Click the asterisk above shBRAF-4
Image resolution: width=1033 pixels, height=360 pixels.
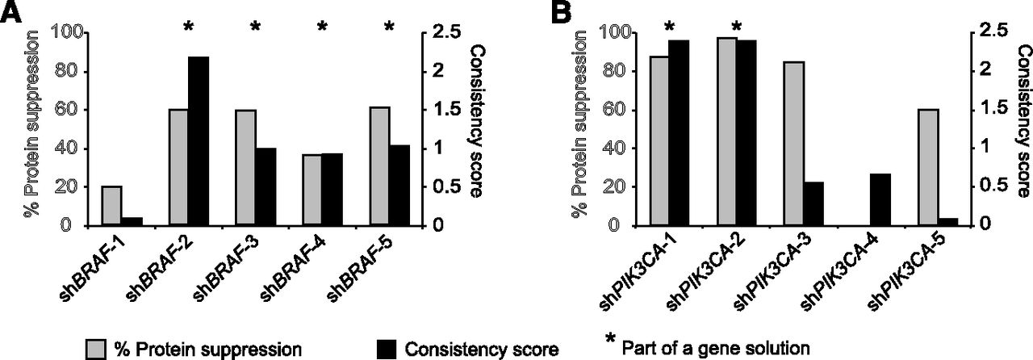pyautogui.click(x=322, y=27)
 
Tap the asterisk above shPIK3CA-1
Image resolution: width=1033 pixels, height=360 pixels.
pyautogui.click(x=671, y=26)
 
